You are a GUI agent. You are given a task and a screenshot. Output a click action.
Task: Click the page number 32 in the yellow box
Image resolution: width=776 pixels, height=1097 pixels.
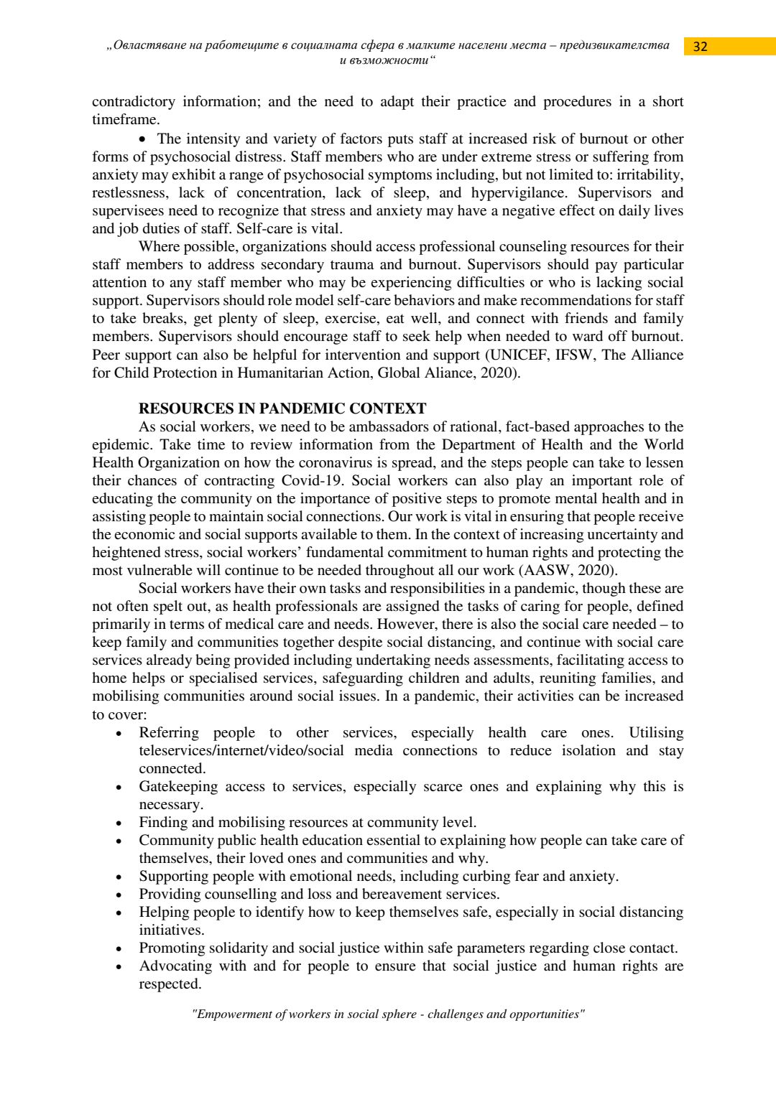701,47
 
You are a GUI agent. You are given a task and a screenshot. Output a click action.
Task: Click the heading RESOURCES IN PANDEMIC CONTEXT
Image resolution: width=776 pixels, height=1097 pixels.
282,409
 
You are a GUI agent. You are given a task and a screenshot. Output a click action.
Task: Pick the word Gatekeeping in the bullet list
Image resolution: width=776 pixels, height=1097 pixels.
178,787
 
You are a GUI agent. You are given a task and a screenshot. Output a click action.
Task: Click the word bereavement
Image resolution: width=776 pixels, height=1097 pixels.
414,895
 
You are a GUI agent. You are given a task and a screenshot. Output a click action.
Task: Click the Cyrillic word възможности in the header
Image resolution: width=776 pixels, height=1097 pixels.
387,60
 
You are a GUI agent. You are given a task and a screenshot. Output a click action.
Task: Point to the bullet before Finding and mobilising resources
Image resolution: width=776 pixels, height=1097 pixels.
119,823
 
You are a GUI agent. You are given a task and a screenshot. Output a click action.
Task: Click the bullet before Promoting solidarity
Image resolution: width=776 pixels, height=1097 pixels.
119,949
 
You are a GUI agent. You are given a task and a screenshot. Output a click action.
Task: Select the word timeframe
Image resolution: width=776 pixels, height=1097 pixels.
125,120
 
